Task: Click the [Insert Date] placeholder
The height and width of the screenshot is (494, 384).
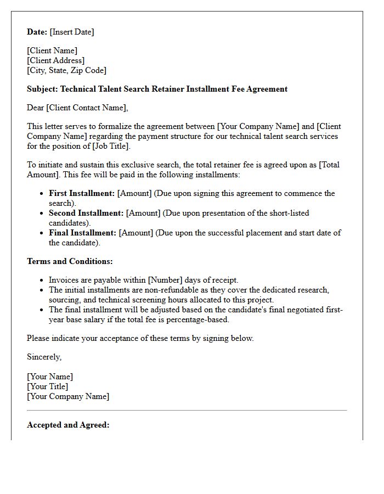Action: pos(72,32)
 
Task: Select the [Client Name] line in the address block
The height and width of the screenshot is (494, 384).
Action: pos(52,50)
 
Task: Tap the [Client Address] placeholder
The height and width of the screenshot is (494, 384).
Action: pos(55,60)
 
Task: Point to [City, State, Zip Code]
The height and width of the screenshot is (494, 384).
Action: pos(66,70)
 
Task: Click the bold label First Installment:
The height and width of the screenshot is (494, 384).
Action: pos(82,193)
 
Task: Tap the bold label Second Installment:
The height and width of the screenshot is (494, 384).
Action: pos(86,213)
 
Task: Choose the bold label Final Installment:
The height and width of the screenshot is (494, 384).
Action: pos(82,233)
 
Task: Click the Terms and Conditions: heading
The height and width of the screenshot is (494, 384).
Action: pos(70,261)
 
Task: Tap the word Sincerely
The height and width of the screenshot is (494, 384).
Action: pos(44,357)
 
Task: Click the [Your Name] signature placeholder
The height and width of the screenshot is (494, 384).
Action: pos(50,377)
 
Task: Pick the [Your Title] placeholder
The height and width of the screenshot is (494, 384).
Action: pos(48,386)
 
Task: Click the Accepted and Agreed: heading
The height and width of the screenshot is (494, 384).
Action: pos(68,425)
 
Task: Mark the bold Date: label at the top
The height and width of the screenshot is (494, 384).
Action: pos(37,32)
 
